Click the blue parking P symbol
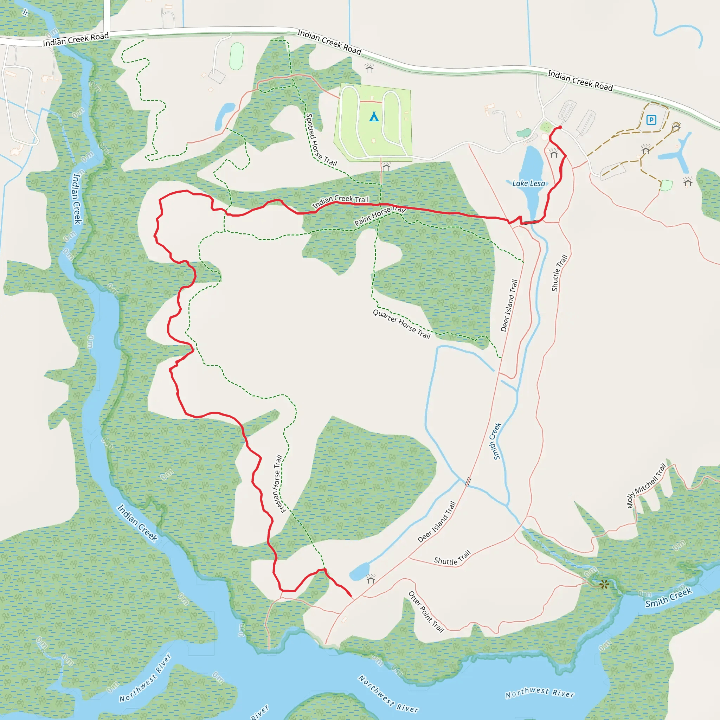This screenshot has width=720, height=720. (651, 120)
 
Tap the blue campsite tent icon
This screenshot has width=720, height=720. (374, 117)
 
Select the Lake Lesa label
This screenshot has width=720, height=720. (528, 184)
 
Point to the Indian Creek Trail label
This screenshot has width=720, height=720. (340, 201)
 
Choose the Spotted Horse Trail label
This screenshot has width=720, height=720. (321, 140)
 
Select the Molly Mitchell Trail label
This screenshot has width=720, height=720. (646, 486)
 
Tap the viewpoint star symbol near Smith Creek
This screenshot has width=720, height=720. (604, 584)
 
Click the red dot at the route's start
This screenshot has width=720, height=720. (560, 128)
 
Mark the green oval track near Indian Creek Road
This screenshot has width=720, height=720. (237, 56)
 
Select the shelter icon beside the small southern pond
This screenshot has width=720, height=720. (371, 578)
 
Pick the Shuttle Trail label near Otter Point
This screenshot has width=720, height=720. (452, 558)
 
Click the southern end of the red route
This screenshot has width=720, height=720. (351, 596)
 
